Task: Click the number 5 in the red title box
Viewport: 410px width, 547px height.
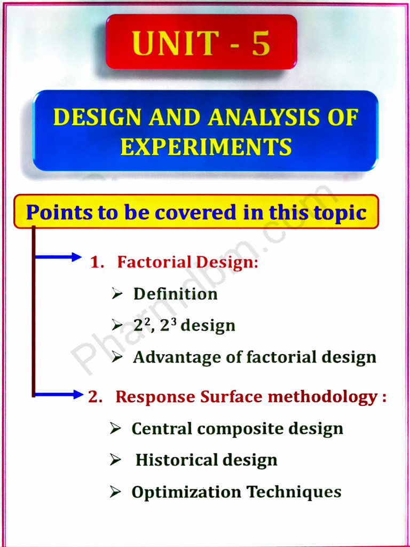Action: click(x=261, y=44)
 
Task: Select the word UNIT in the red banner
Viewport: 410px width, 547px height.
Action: click(x=174, y=44)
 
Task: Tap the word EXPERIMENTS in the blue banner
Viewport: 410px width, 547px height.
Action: click(x=206, y=146)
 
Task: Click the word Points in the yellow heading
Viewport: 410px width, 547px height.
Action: click(x=59, y=212)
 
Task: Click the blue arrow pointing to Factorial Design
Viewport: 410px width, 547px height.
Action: click(x=59, y=257)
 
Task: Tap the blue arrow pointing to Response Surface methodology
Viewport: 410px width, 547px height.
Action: click(x=59, y=395)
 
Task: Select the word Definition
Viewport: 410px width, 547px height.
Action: click(x=175, y=294)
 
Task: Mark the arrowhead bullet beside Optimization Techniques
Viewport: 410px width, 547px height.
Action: click(x=116, y=491)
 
